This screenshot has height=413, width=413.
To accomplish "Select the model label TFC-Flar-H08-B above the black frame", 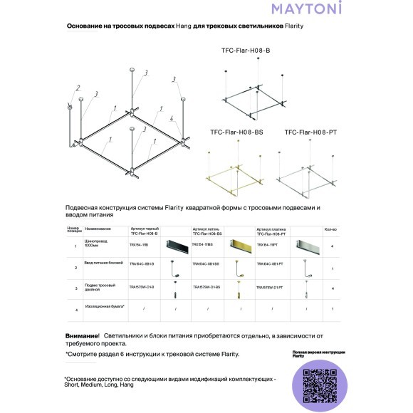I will click(x=245, y=52).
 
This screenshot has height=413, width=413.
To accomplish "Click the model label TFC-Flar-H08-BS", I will click(x=236, y=132).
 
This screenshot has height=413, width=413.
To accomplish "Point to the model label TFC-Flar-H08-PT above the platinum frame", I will click(x=310, y=132).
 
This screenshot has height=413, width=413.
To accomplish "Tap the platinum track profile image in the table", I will click(x=305, y=245).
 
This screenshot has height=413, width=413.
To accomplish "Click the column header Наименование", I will click(x=98, y=229).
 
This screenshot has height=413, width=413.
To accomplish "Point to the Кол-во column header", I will click(x=330, y=229).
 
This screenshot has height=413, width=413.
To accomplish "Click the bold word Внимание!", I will click(x=81, y=335).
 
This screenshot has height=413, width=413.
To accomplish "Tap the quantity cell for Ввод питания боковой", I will click(x=333, y=268).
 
